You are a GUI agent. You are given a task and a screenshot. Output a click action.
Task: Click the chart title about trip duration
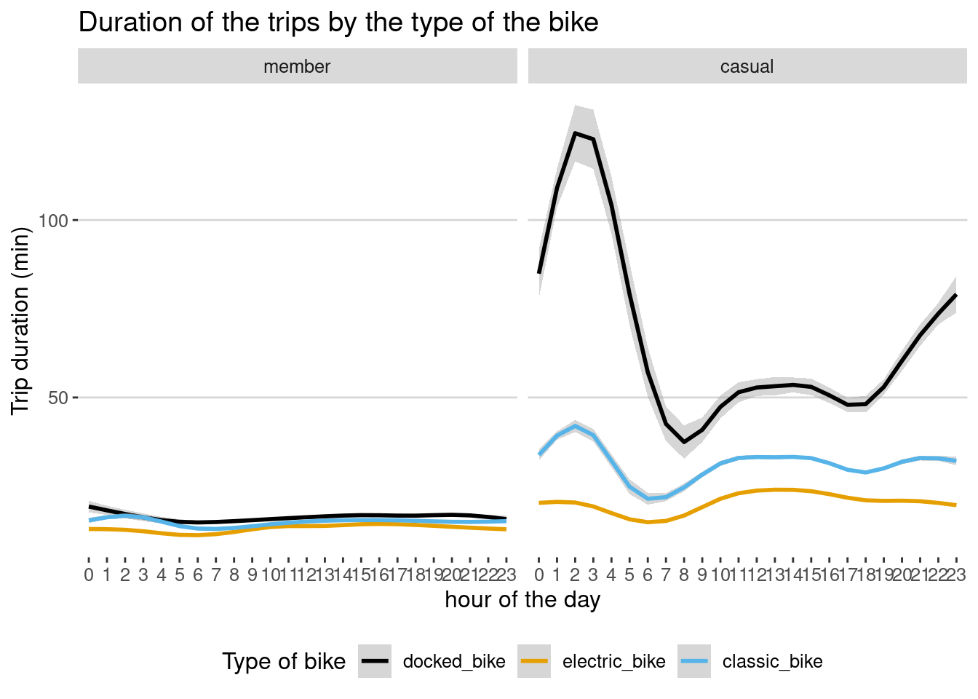coord(338,23)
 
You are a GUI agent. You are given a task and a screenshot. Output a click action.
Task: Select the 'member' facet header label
coord(297,67)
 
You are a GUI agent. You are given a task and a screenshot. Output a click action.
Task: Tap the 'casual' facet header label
coord(747,67)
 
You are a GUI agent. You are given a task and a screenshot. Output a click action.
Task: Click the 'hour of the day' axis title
coord(522,600)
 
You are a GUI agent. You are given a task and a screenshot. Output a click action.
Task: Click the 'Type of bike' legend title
coord(284,661)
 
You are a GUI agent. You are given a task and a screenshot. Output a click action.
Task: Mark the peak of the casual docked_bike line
coord(575,133)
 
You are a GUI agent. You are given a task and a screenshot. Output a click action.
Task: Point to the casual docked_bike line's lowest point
coord(684,442)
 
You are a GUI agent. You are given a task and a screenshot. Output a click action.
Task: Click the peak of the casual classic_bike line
coord(575,426)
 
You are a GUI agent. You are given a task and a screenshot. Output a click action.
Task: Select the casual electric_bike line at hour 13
coord(775,489)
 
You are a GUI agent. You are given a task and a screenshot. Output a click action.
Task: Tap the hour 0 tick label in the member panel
coord(89,575)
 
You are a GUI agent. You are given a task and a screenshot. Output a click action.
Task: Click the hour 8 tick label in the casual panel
coord(684,575)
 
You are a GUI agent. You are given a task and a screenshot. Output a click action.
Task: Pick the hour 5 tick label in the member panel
coord(180,575)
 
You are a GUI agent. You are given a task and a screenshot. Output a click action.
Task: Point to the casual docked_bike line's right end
coord(955,295)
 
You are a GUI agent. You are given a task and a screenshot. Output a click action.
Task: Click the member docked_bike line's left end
coord(90,506)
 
